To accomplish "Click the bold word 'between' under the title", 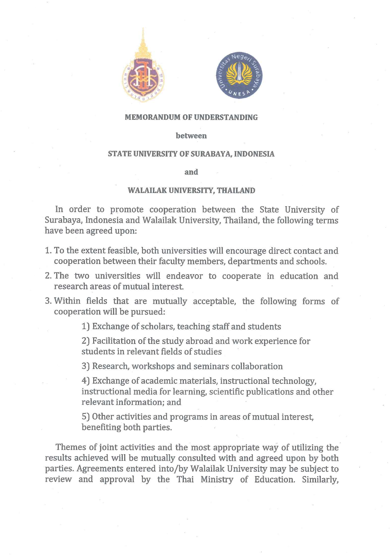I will coord(191,135).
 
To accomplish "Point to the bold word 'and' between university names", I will coord(191,172).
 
